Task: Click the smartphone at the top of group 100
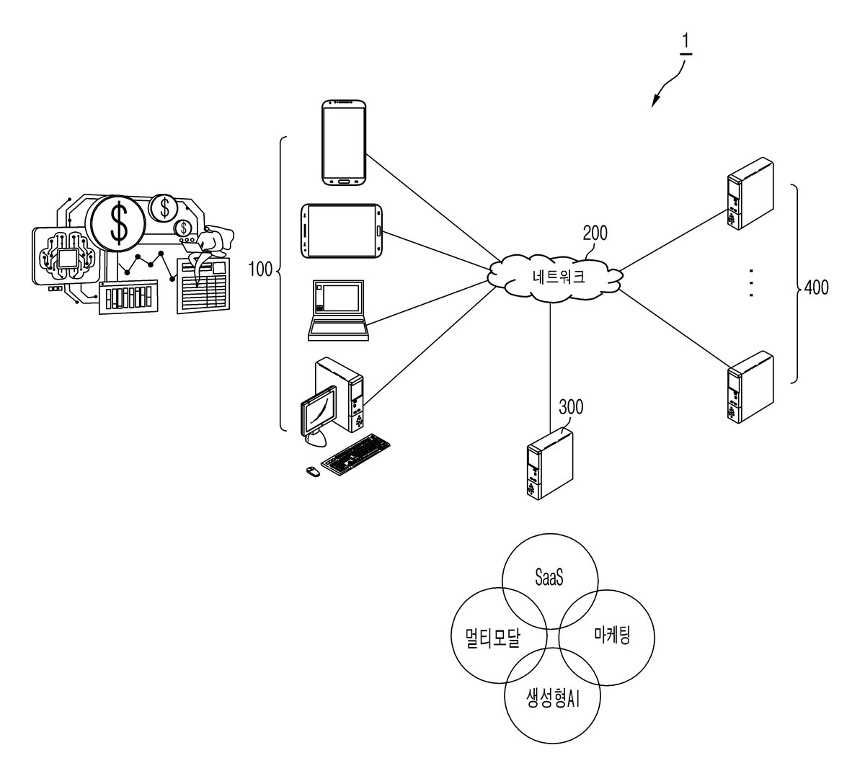tap(344, 143)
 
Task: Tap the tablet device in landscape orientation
tap(342, 231)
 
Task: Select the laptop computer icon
tap(339, 311)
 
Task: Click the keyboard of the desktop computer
tap(356, 455)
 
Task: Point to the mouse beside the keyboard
tap(313, 471)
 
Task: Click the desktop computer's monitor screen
tap(319, 410)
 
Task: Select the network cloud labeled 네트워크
tap(555, 277)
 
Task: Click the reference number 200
tap(595, 233)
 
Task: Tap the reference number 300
tap(571, 407)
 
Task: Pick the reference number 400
tap(816, 287)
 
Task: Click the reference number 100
tap(260, 269)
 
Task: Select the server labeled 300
tap(550, 464)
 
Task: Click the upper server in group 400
tap(750, 194)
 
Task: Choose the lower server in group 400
tap(750, 387)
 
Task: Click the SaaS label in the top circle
tap(549, 577)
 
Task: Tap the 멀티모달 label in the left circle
tap(493, 638)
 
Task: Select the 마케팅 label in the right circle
tap(612, 635)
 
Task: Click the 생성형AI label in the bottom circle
tap(552, 698)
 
